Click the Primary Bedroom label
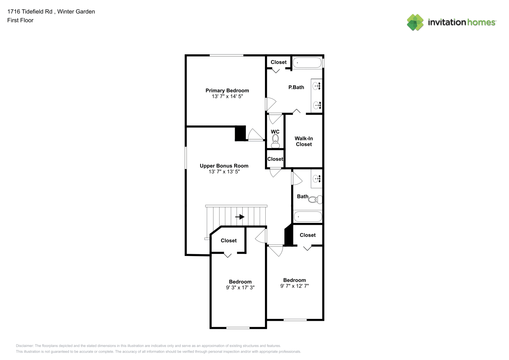click(x=227, y=90)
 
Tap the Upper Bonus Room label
click(x=224, y=166)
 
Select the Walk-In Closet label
click(x=304, y=141)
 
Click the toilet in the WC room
click(x=275, y=141)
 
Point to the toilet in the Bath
click(x=315, y=199)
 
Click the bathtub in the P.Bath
click(x=307, y=63)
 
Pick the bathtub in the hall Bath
click(x=308, y=216)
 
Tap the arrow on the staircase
click(x=240, y=217)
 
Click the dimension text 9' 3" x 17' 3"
click(x=240, y=288)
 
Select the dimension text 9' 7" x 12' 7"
click(x=294, y=286)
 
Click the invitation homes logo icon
click(x=415, y=22)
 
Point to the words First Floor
click(x=20, y=20)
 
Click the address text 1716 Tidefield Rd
click(x=30, y=12)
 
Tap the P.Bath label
click(x=296, y=87)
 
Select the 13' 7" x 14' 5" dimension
click(x=227, y=96)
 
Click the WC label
click(x=275, y=132)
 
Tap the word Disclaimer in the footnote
click(x=24, y=346)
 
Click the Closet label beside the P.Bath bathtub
click(x=279, y=62)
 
